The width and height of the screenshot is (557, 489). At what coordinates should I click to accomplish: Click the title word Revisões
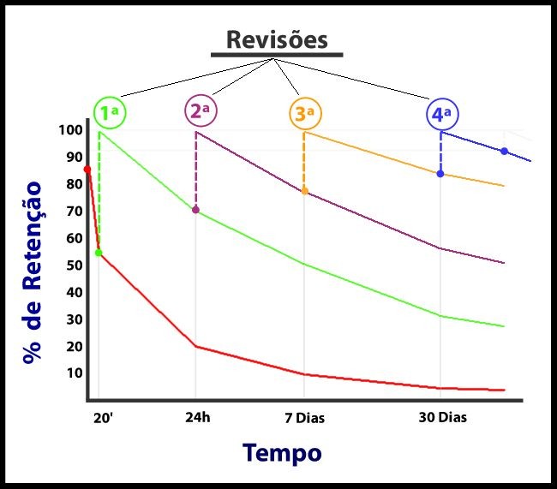[277, 39]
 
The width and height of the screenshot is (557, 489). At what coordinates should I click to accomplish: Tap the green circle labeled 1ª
[110, 112]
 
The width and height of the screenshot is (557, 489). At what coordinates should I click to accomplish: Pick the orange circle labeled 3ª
[305, 113]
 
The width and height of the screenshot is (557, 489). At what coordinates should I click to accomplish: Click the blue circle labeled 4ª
[443, 114]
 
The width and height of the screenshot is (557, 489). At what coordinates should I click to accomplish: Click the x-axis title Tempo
[282, 452]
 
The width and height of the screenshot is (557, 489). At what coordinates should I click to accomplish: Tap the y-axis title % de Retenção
[33, 271]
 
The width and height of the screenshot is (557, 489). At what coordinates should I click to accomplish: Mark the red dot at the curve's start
[87, 170]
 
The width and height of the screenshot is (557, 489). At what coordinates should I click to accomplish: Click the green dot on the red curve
[99, 253]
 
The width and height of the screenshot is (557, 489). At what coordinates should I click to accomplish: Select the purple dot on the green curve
[195, 210]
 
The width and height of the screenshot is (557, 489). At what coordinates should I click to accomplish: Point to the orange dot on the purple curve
[304, 190]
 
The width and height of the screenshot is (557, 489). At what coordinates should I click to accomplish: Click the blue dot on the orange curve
[440, 174]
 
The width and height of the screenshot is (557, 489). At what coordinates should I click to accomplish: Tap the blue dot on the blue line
[504, 151]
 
